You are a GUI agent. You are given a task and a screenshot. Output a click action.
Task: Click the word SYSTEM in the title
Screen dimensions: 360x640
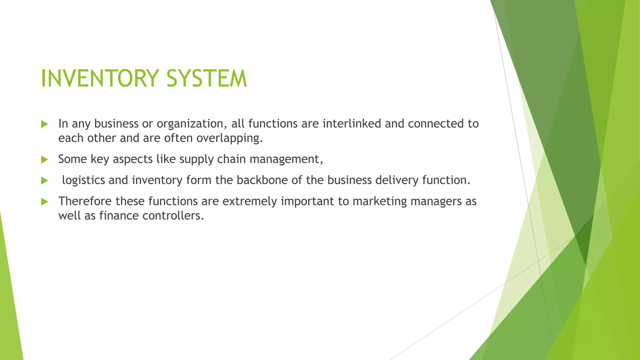207,78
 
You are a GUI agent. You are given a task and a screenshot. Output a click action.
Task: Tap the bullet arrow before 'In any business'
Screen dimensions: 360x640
44,124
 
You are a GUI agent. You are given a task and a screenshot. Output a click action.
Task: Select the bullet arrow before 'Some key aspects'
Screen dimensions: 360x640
44,160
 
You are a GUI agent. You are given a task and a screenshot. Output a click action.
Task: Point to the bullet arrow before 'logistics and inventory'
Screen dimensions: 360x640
44,181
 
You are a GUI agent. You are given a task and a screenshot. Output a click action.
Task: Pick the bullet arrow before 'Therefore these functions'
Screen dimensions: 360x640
44,202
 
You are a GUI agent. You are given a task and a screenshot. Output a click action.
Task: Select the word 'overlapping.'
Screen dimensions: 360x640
230,138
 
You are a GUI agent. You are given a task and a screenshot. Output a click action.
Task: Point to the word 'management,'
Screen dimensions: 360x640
286,159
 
